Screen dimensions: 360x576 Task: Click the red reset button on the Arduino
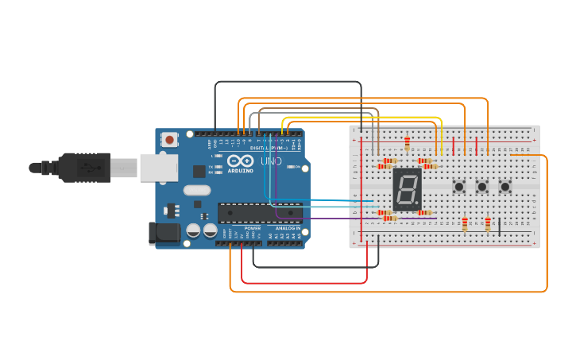169,140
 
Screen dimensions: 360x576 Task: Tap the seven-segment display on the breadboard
407,189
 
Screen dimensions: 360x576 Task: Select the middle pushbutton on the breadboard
482,187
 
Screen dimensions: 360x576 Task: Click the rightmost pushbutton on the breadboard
505,187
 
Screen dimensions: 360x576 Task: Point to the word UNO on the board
272,161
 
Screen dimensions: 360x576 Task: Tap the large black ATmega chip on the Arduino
260,212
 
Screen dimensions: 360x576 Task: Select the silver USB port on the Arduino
158,168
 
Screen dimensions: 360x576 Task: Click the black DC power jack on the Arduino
164,233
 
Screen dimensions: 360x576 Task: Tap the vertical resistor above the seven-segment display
407,144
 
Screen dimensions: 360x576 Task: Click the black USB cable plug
83,168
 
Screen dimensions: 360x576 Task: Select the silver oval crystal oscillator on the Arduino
196,190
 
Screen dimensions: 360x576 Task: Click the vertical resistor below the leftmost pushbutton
465,225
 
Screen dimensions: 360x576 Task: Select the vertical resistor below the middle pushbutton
488,225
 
